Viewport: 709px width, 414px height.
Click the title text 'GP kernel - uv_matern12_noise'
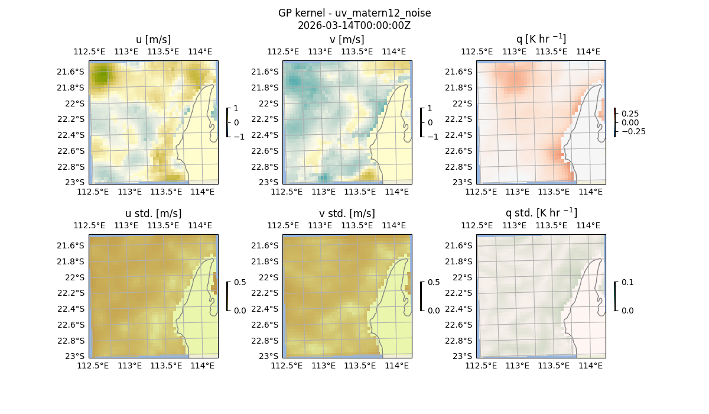pos(354,13)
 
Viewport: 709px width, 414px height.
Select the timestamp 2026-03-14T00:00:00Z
pos(354,25)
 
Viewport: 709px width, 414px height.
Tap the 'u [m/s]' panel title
pos(153,40)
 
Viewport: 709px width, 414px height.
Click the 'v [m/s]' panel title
pos(347,40)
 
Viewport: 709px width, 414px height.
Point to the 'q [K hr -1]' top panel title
pos(541,39)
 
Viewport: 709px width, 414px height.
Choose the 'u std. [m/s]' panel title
pos(153,214)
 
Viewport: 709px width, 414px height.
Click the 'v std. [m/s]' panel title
pos(347,214)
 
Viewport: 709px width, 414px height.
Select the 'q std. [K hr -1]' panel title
pos(541,213)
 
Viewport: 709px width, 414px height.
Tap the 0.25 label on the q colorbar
pos(631,114)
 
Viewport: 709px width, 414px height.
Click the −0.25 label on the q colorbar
pos(633,131)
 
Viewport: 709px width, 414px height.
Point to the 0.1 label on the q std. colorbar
pos(627,282)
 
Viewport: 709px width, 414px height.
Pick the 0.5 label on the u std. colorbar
pos(240,282)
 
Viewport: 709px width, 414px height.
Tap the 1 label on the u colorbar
pos(237,108)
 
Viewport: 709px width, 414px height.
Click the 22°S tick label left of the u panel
pos(74,103)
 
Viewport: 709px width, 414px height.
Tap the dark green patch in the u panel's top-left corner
pos(101,76)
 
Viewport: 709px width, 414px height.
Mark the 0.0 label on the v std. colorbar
pos(434,310)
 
